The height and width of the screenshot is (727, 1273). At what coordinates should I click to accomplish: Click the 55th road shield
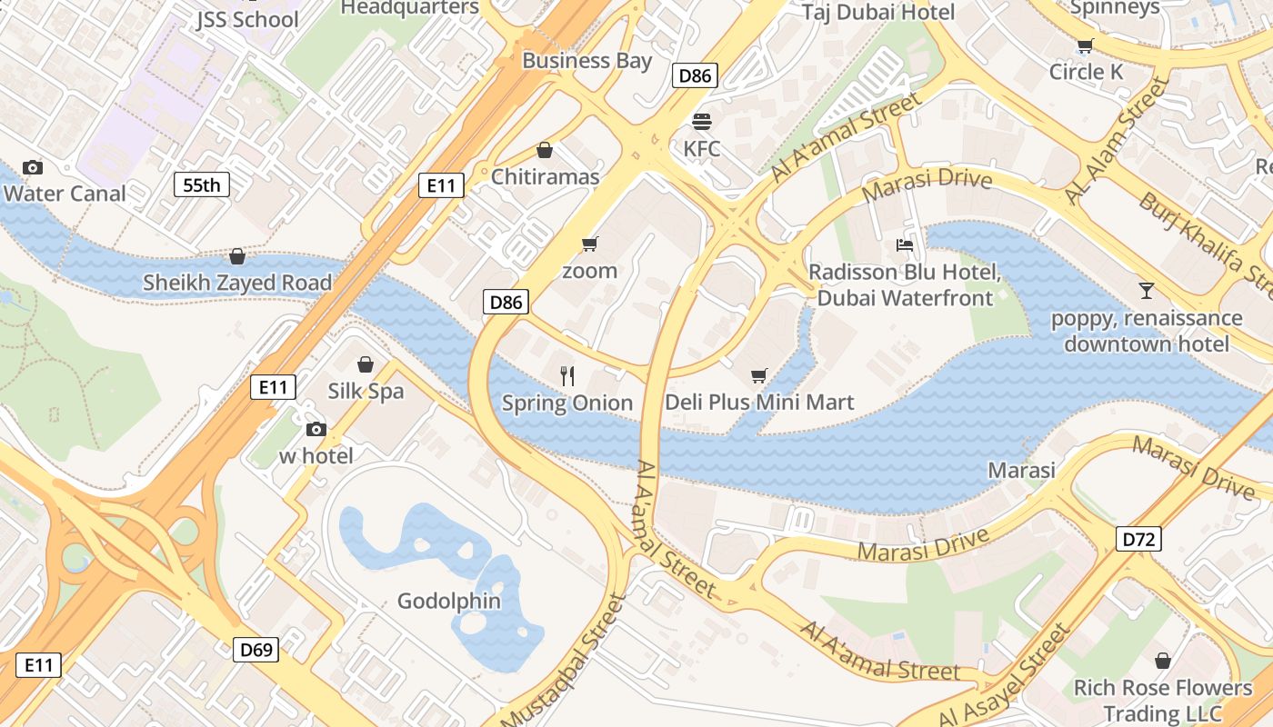tap(201, 185)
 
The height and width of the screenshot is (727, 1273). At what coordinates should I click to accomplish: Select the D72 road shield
tap(1138, 540)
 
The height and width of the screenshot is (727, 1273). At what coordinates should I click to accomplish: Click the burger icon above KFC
tap(701, 121)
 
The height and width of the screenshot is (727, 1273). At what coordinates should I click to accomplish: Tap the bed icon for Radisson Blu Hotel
tap(905, 244)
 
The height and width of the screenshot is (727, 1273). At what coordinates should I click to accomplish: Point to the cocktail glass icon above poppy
tap(1146, 291)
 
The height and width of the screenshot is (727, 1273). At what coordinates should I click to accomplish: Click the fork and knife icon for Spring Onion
tap(567, 375)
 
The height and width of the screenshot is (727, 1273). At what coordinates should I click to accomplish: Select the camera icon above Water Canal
tap(33, 167)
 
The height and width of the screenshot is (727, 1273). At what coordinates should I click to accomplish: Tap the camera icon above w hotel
tap(316, 429)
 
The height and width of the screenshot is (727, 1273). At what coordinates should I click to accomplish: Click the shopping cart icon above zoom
tap(589, 244)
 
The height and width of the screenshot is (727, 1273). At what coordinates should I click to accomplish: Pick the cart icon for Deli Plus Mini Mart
tap(759, 375)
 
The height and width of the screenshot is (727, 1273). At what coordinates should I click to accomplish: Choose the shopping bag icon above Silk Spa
tap(365, 364)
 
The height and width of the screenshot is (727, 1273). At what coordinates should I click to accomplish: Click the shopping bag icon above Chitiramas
tap(545, 150)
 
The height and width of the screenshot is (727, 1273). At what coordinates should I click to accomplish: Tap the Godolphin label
tap(449, 601)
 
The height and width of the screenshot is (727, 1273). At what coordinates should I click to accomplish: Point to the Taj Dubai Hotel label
tap(877, 12)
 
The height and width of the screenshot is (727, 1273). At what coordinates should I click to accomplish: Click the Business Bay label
tap(586, 61)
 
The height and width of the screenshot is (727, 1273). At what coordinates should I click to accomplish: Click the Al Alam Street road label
tap(1116, 141)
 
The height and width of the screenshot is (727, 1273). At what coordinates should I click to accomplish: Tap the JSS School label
tap(247, 18)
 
